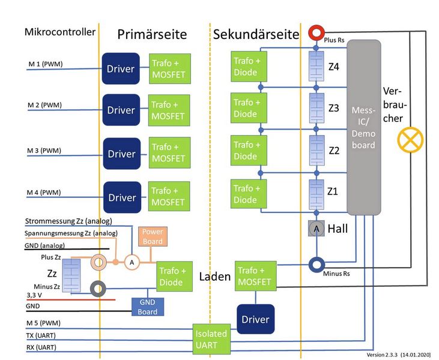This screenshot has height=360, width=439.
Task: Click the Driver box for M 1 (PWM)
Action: (121, 68)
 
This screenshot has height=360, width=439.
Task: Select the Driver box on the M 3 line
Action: (121, 154)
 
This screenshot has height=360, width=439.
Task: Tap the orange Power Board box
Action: (152, 236)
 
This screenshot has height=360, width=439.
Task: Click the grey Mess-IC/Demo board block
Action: (364, 127)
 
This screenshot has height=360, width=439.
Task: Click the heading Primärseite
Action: (153, 35)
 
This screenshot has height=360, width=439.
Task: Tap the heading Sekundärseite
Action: (256, 35)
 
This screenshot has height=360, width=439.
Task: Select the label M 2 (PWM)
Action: (45, 106)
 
